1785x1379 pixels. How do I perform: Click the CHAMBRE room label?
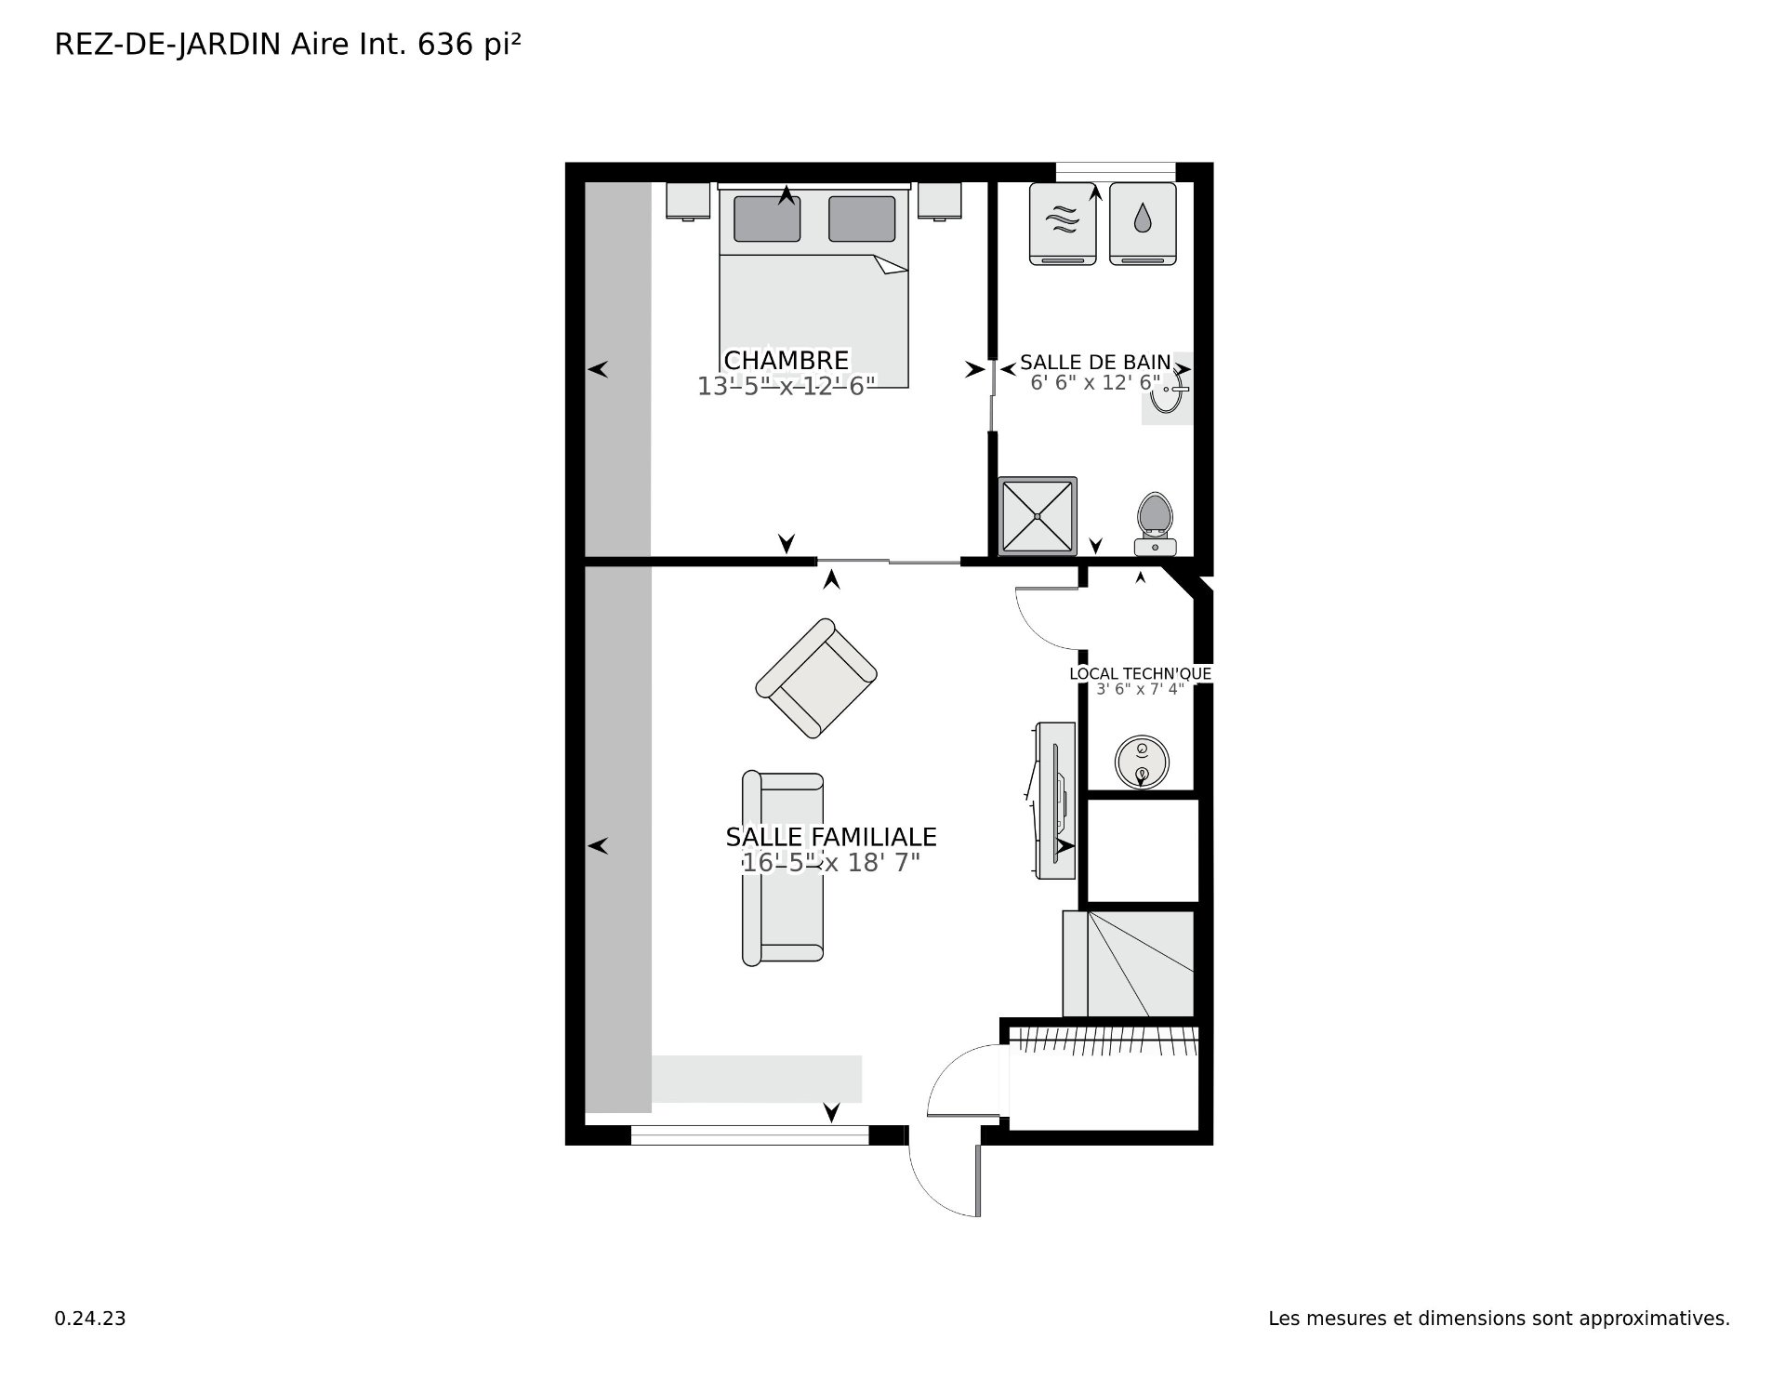point(787,360)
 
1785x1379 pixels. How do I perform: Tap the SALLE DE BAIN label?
point(1095,362)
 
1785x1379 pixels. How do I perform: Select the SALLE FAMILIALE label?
point(831,837)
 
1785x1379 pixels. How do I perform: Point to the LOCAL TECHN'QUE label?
point(1140,673)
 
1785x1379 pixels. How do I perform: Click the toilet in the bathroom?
point(1156,524)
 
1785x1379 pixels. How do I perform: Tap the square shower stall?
point(1038,516)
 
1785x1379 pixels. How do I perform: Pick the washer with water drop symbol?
point(1143,223)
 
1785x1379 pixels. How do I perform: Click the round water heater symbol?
point(1142,762)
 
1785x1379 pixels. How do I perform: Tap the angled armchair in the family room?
point(816,678)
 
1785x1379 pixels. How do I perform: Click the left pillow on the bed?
point(767,219)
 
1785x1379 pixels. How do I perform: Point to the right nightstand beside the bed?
point(940,201)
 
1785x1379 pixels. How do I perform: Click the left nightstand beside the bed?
point(688,201)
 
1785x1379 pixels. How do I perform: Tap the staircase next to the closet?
point(1129,963)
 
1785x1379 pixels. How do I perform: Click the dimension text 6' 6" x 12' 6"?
point(1095,382)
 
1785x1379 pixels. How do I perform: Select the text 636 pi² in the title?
point(469,45)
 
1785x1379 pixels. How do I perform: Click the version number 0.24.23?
point(90,1319)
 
